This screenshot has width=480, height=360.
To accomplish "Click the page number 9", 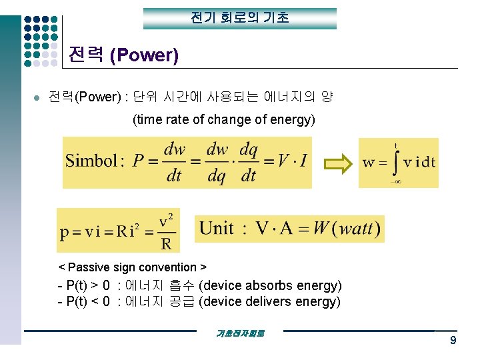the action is (x=453, y=341).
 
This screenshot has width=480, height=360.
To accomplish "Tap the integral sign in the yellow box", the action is (x=395, y=163).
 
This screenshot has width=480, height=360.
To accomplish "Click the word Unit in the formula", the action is (x=217, y=229).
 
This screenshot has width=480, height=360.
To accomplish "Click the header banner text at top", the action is (x=240, y=18).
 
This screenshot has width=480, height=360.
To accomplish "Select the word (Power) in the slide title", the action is (x=143, y=55).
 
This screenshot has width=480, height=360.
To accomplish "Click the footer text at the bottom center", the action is (x=240, y=333).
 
